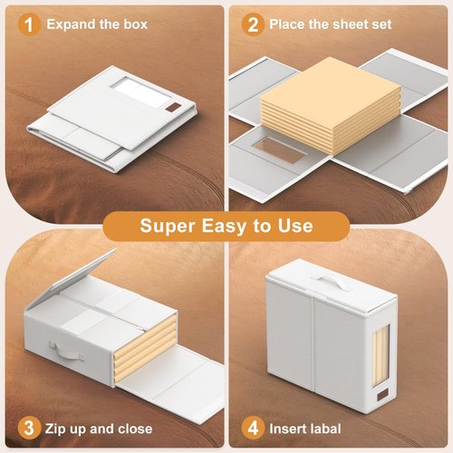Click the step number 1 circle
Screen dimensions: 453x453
coord(29,24)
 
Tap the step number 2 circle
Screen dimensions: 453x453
coord(253,24)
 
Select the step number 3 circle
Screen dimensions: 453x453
coord(29,429)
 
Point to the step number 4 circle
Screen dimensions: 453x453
coord(253,429)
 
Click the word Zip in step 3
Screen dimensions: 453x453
coord(55,429)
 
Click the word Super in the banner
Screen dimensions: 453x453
coord(168,226)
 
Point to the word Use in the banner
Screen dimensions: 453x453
coord(295,226)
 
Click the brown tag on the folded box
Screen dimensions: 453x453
coord(173,107)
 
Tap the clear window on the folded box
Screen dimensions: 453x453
coord(140,90)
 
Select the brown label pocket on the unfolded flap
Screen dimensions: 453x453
coord(279,149)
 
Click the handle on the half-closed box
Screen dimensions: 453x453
coord(67,352)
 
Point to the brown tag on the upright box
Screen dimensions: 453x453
coord(382,394)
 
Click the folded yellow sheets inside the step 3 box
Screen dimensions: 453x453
coord(145,347)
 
